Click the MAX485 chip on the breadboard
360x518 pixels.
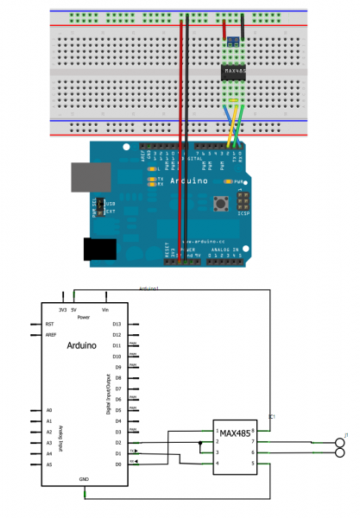[232, 71]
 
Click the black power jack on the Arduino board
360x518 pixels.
[100, 249]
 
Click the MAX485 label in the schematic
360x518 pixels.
[235, 433]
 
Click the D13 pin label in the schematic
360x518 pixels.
[117, 325]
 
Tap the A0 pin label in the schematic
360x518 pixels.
[49, 410]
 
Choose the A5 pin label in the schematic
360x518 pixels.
[49, 464]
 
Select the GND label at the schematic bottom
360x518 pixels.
[84, 478]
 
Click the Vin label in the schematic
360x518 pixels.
[105, 308]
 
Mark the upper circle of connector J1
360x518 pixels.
[341, 441]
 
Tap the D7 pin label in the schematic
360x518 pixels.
[117, 388]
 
